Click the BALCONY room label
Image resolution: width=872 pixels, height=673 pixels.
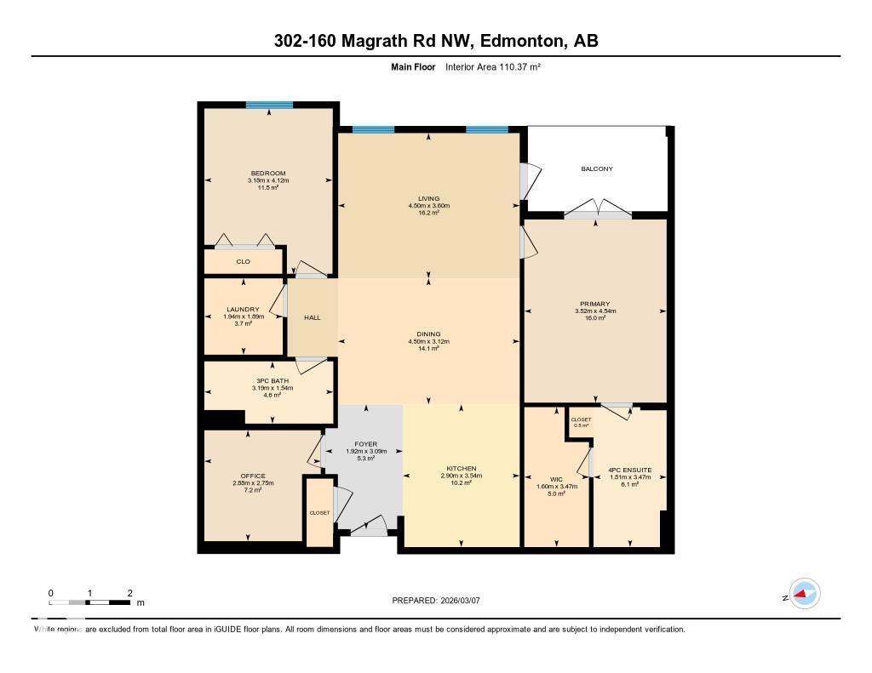pyautogui.click(x=596, y=168)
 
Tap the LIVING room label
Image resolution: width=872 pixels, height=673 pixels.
pyautogui.click(x=428, y=199)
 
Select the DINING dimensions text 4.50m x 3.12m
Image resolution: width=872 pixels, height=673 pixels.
pyautogui.click(x=428, y=341)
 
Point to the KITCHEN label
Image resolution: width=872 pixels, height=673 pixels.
pyautogui.click(x=461, y=469)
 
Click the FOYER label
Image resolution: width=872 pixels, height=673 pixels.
pyautogui.click(x=366, y=444)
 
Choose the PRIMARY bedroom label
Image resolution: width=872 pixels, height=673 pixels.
pyautogui.click(x=594, y=304)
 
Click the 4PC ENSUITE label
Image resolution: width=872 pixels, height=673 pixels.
pyautogui.click(x=630, y=469)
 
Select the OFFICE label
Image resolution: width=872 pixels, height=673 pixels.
pyautogui.click(x=253, y=476)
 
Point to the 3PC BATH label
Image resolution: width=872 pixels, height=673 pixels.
pyautogui.click(x=267, y=381)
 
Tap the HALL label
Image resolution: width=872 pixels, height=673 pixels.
pyautogui.click(x=313, y=317)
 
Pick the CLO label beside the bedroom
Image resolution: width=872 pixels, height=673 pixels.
pyautogui.click(x=243, y=261)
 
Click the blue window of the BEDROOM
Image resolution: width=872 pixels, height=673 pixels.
pyautogui.click(x=269, y=105)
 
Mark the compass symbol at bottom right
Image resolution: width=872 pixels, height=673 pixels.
pyautogui.click(x=803, y=594)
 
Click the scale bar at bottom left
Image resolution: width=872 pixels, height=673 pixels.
pyautogui.click(x=90, y=602)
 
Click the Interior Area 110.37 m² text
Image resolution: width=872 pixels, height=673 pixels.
pyautogui.click(x=493, y=66)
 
